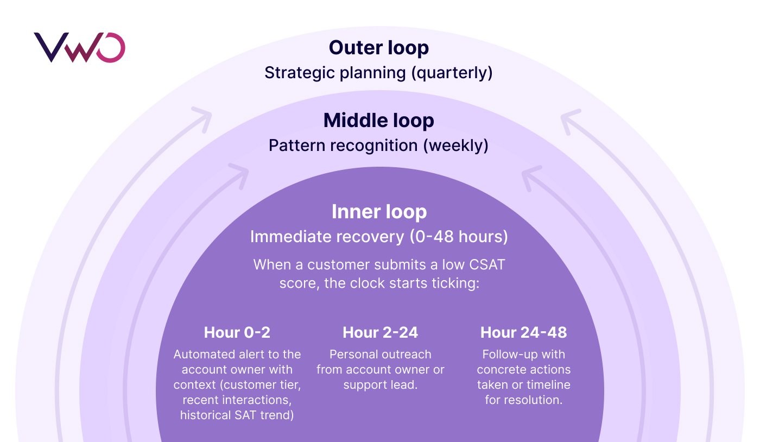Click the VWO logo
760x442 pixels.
[x=80, y=47]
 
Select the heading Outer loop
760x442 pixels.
[x=378, y=48]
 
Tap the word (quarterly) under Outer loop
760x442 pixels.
[x=452, y=73]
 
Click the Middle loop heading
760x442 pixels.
[x=378, y=121]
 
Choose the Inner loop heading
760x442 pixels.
[x=379, y=212]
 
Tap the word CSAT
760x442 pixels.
[x=487, y=266]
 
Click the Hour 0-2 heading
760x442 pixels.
[x=237, y=332]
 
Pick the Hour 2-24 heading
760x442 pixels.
[x=380, y=332]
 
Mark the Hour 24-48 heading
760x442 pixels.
[x=523, y=332]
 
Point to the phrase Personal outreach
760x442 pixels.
[x=380, y=355]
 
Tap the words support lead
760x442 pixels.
[x=380, y=385]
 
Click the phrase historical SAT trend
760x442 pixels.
[x=237, y=415]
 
